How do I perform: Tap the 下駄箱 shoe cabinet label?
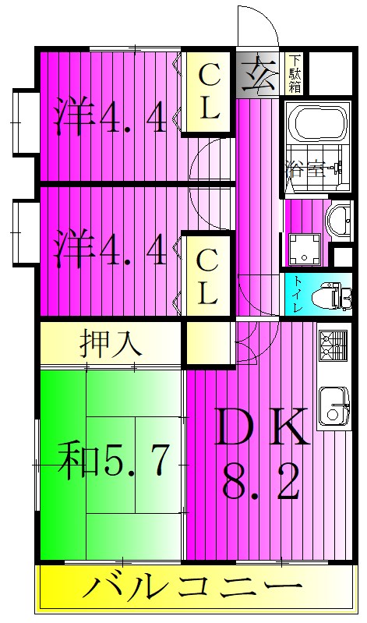click(x=295, y=72)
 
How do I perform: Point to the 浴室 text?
click(x=302, y=168)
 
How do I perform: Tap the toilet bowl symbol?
click(x=333, y=296)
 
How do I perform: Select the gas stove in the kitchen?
click(x=333, y=345)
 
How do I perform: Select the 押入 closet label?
click(x=108, y=344)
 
